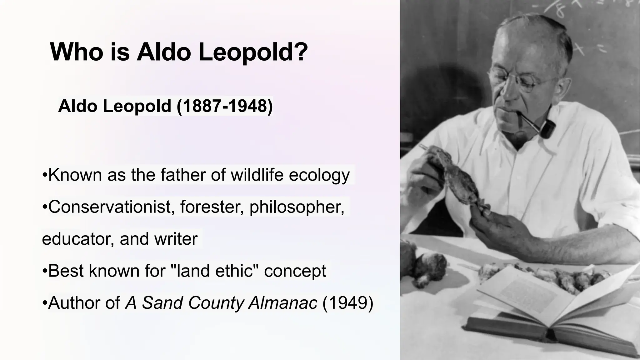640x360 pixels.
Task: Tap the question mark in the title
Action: (x=301, y=52)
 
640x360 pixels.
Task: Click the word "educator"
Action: (x=78, y=239)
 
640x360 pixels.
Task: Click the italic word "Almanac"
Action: (x=283, y=302)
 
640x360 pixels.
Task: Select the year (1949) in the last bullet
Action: (x=347, y=302)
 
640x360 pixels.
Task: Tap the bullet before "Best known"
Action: (x=44, y=271)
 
